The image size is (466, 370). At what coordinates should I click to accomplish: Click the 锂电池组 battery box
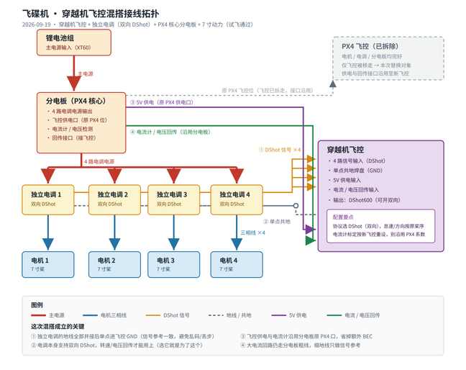click(x=74, y=42)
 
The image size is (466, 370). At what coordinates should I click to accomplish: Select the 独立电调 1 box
click(x=48, y=200)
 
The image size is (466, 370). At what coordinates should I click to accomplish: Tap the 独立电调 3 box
click(x=174, y=200)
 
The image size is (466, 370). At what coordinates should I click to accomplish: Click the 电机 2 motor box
click(x=114, y=265)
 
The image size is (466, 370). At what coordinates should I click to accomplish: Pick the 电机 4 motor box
click(x=237, y=265)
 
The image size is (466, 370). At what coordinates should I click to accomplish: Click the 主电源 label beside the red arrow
click(x=86, y=73)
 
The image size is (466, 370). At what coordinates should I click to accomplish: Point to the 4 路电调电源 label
click(x=99, y=161)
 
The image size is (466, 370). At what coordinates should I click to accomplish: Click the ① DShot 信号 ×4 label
click(x=280, y=150)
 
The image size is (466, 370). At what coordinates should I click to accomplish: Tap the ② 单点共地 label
click(x=277, y=222)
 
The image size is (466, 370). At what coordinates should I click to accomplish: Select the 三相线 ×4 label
click(x=252, y=233)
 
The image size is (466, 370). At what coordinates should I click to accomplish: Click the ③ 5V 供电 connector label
click(x=162, y=102)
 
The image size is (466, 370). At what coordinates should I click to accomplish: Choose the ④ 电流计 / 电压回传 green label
click(x=170, y=132)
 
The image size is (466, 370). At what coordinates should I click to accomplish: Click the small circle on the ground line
click(x=296, y=206)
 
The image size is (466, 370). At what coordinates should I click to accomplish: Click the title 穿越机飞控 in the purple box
click(x=345, y=150)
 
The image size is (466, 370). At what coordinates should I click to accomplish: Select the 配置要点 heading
click(x=343, y=217)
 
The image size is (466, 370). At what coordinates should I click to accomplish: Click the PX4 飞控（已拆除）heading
click(x=370, y=46)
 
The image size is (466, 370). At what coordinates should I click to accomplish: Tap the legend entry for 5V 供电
click(x=289, y=315)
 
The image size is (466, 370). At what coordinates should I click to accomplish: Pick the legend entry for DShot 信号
click(x=168, y=315)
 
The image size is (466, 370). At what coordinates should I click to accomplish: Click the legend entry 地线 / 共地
click(x=230, y=315)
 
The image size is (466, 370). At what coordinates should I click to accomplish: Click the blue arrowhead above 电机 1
click(x=48, y=244)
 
